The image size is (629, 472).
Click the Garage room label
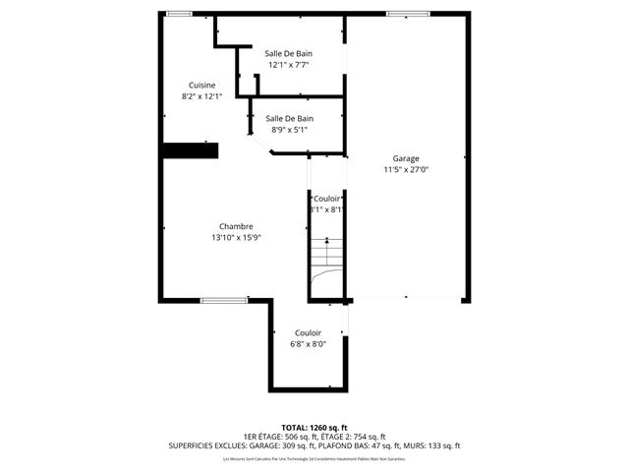coord(406,158)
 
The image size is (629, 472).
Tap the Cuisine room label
coord(202,86)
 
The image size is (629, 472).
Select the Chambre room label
coord(236,226)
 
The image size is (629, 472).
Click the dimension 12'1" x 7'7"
coord(289,65)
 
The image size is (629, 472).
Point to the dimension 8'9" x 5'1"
coord(290,129)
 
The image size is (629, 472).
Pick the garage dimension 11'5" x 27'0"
coord(406,169)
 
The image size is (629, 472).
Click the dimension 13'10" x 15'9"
coord(236,237)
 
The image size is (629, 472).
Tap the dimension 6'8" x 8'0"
coord(308,344)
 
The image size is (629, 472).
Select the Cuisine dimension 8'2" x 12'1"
coord(202,96)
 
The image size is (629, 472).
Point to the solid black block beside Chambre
coord(190,149)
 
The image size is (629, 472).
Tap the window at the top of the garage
coord(400,13)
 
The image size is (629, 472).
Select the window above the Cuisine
coord(179,13)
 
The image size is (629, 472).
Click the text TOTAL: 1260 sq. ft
coord(314,427)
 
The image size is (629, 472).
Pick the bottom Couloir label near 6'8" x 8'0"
coord(308,333)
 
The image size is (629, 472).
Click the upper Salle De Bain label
coord(289,53)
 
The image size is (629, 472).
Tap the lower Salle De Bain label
coord(290,118)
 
